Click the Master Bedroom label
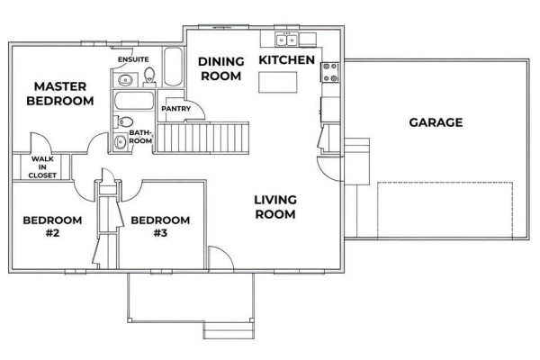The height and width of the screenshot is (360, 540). point(60,94)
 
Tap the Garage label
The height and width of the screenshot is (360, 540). point(436,122)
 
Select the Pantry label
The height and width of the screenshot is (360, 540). point(176,109)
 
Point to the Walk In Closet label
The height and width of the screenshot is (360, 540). point(42,167)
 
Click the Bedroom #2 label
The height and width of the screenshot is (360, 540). point(52,226)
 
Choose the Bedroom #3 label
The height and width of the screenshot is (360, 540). point(160,226)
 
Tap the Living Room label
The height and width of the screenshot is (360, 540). point(275,207)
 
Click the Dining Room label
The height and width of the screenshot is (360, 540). point(221,68)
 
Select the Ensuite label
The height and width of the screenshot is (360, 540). point(133,59)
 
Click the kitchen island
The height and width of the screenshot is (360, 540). point(277,82)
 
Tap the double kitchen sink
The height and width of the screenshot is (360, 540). point(286,40)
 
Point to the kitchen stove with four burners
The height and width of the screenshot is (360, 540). point(330,72)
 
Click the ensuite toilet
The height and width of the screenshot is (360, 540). point(149,76)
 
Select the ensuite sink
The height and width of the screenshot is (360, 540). point(125,80)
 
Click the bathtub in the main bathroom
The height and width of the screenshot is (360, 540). point(134,100)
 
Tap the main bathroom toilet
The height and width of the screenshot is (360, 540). point(124,121)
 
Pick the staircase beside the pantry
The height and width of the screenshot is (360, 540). point(203,138)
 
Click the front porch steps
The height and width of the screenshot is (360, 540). point(229,330)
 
